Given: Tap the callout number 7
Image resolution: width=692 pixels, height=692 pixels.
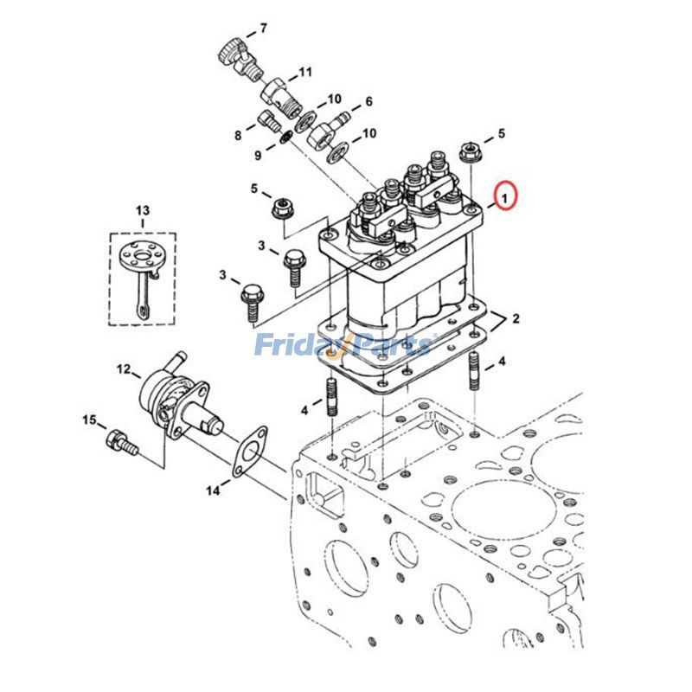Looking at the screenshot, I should (x=264, y=29).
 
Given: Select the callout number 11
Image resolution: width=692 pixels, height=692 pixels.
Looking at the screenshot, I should (x=305, y=71).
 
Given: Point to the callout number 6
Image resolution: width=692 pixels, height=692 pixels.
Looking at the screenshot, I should (x=368, y=101).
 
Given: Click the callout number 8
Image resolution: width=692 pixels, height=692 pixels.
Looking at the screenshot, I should (x=237, y=135).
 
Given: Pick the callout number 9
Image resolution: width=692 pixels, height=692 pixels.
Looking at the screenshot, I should (x=258, y=155).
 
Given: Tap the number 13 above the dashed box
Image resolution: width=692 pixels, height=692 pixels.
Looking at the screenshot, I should (x=142, y=211).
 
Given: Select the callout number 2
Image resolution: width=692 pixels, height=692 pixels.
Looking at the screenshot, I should (x=516, y=319).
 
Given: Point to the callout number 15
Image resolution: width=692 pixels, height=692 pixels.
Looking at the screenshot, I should (x=89, y=420).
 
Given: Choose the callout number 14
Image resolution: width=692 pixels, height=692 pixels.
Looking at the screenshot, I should (x=213, y=490).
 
